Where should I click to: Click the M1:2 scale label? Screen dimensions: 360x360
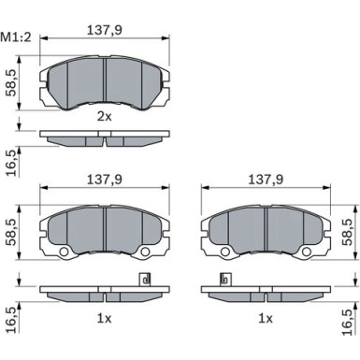tap(16, 37)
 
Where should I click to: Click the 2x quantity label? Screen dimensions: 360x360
tap(105, 117)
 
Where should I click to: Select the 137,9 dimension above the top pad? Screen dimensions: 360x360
tap(105, 30)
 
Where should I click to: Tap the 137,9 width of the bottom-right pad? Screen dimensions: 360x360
tap(266, 180)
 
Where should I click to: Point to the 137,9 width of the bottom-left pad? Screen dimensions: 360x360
tap(105, 180)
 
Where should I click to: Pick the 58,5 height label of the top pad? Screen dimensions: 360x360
tap(12, 83)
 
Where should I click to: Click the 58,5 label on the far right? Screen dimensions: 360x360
tap(348, 232)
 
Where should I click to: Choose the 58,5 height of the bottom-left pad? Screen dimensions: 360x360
tap(12, 232)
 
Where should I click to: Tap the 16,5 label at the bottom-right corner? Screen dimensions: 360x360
tap(348, 322)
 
